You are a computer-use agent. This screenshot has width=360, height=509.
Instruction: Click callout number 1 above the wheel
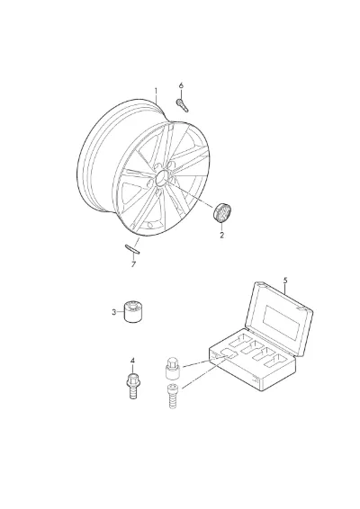[x=156, y=91]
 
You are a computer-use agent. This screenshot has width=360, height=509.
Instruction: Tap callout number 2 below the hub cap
[x=222, y=235]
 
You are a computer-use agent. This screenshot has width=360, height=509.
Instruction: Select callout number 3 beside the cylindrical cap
[x=113, y=312]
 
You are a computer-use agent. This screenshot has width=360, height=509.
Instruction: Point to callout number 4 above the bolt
[x=132, y=361]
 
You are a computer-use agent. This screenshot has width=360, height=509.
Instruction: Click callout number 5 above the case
[x=285, y=280]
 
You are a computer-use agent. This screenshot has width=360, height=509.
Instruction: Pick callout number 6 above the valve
[x=181, y=85]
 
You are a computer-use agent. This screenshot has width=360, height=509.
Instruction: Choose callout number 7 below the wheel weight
[x=133, y=264]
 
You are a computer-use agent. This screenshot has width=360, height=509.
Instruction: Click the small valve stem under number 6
[x=183, y=105]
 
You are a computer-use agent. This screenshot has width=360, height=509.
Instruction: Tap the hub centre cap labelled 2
[x=222, y=213]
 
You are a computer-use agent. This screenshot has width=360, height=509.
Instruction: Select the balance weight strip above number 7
[x=132, y=248]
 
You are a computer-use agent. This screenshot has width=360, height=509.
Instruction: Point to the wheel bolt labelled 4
[x=132, y=386]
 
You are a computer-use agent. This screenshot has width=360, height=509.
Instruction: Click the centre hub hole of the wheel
[x=162, y=179]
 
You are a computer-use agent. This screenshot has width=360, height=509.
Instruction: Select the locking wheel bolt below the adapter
[x=173, y=396]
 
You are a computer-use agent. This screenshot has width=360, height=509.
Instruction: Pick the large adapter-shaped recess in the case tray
[x=229, y=354]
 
